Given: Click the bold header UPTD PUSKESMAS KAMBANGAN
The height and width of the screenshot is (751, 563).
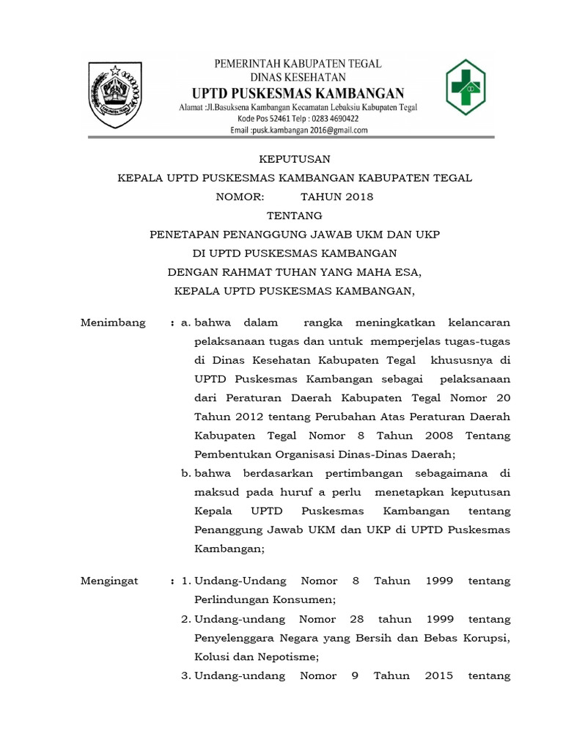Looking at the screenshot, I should coord(297,93).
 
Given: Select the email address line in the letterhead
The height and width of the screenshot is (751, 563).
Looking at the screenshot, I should coord(298,130).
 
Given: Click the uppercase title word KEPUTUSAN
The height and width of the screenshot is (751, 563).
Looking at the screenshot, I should coord(295,158).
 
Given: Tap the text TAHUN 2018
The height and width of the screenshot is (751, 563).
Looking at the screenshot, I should coord(336,197).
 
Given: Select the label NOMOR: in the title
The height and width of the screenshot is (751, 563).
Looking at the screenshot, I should coord(239,197).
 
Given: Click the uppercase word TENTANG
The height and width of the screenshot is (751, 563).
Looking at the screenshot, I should coord(295,216).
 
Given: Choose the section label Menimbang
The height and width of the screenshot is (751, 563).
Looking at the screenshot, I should coord(113,323).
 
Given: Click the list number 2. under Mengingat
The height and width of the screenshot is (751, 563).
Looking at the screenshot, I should coord(186,619).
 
